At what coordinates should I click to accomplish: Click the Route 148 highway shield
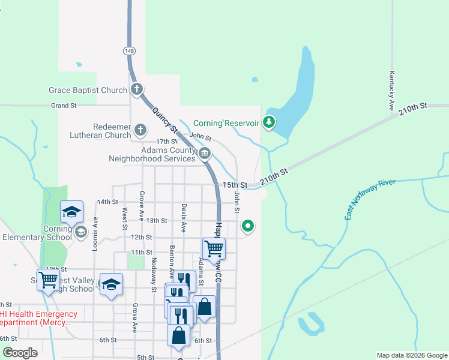pyautogui.click(x=130, y=51)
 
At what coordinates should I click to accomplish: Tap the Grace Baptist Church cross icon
pyautogui.click(x=137, y=90)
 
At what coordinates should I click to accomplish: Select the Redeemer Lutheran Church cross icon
pyautogui.click(x=140, y=130)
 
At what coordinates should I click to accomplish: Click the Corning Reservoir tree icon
pyautogui.click(x=270, y=122)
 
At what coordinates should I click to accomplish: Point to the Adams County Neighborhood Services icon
pyautogui.click(x=205, y=154)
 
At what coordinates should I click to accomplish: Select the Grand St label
pyautogui.click(x=64, y=105)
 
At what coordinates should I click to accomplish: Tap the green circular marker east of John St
pyautogui.click(x=247, y=226)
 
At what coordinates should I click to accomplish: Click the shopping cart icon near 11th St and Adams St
pyautogui.click(x=214, y=247)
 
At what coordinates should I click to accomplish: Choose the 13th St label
pyautogui.click(x=157, y=220)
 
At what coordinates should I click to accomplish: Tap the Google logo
pyautogui.click(x=19, y=352)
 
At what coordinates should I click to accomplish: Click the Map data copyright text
pyautogui.click(x=411, y=355)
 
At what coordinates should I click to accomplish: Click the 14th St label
pyautogui.click(x=107, y=202)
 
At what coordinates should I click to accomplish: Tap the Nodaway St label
pyautogui.click(x=154, y=271)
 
